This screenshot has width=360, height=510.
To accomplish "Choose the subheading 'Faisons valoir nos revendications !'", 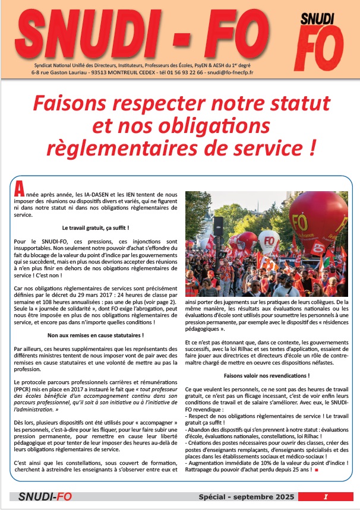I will coord(266,376).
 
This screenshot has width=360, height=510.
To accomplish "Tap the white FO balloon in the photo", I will coord(269,242).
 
